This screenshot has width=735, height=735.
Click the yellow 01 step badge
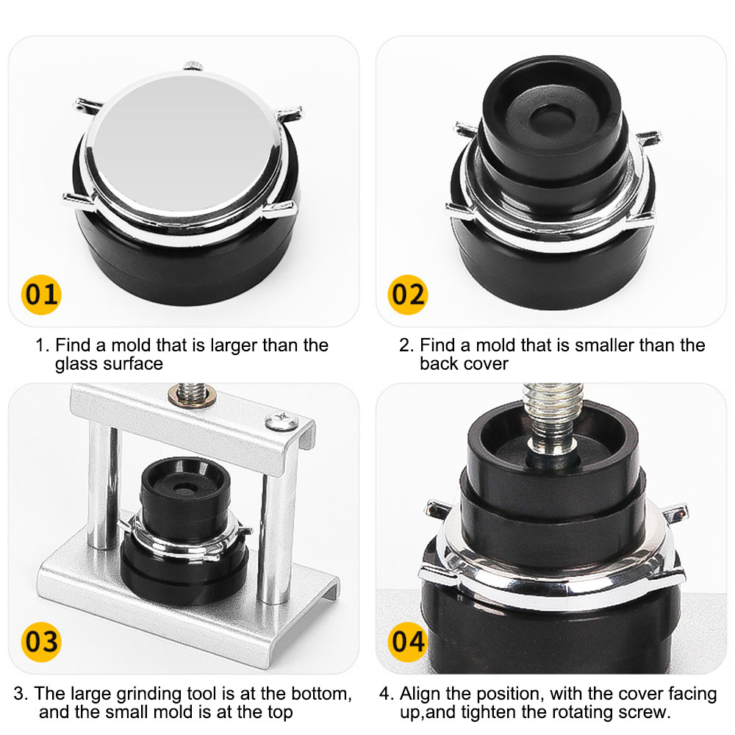click(41, 295)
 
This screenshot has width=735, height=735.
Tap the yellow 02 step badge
click(408, 295)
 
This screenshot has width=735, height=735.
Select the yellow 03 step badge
click(40, 640)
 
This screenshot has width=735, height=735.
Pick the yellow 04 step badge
click(408, 640)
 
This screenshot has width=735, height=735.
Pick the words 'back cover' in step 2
click(464, 363)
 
